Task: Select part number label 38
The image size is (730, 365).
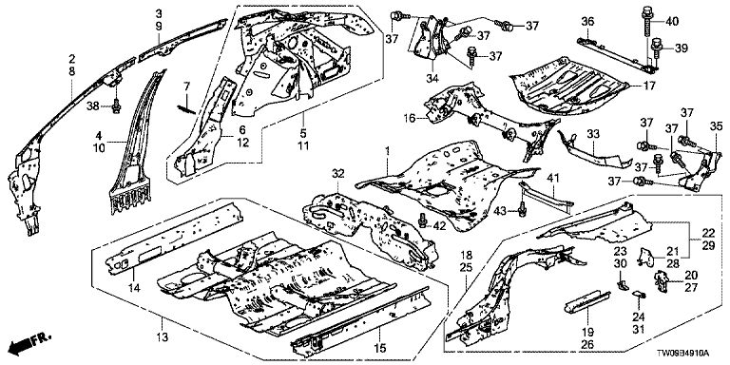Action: click(x=92, y=106)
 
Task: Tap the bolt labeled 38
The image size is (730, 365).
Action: click(x=116, y=107)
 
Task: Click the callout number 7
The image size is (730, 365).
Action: click(x=185, y=86)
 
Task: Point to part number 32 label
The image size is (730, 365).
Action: click(x=337, y=174)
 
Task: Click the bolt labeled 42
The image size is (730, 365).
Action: click(x=423, y=220)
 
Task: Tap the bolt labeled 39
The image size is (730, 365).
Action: click(x=656, y=46)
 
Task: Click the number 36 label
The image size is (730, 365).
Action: click(x=588, y=22)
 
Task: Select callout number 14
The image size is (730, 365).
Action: click(x=134, y=289)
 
